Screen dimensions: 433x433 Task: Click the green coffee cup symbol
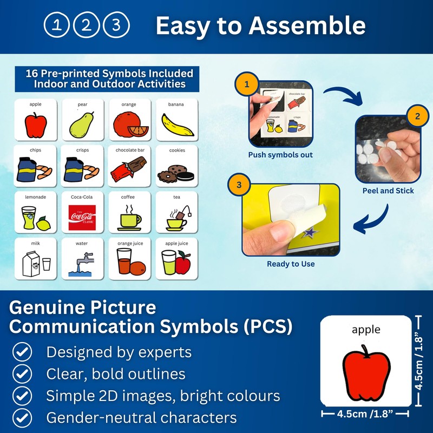129,218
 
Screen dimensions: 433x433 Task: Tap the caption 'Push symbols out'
280,155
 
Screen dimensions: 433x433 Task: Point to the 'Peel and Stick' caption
388,191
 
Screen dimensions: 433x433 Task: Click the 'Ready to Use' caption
291,264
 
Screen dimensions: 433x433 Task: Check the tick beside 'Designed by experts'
22,353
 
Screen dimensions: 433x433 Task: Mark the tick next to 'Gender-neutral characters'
22,417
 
